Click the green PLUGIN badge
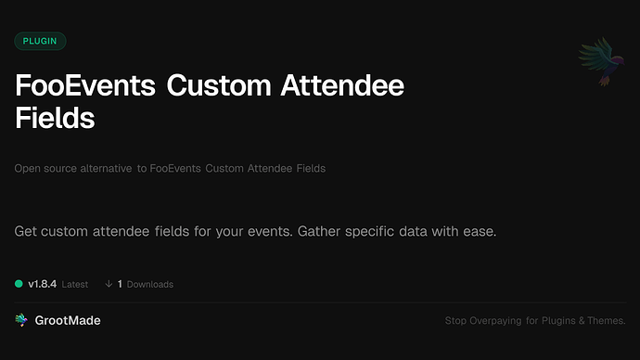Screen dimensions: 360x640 [x=40, y=41]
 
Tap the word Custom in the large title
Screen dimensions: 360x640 [x=220, y=88]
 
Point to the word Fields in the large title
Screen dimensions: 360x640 [x=56, y=120]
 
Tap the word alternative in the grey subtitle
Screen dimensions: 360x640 [x=104, y=169]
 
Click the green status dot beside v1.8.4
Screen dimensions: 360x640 [x=19, y=284]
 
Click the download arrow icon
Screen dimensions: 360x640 [x=109, y=284]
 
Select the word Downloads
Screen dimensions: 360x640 [x=149, y=284]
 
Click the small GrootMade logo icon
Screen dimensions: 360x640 [x=21, y=320]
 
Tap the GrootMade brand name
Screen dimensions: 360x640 [x=69, y=320]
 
